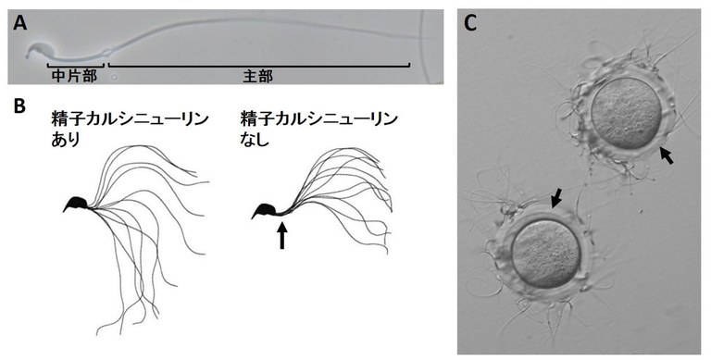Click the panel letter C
click(471, 22)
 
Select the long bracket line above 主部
click(259, 66)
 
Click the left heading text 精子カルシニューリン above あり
click(129, 118)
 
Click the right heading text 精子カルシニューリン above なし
click(318, 118)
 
